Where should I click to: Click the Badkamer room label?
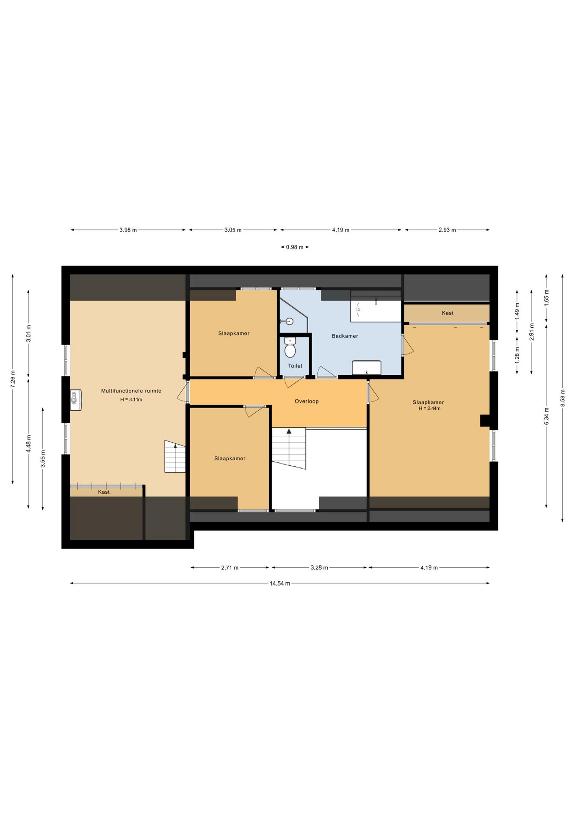coord(345,336)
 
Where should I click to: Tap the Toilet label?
coord(295,366)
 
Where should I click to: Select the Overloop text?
coord(307,401)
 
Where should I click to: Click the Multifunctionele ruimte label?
coord(131,391)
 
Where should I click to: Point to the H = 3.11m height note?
coord(131,399)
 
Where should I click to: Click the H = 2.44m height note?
coord(429,409)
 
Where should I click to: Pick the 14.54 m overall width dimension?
coord(280,583)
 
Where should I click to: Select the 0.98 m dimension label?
coord(295,247)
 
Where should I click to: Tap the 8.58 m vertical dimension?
coord(563,398)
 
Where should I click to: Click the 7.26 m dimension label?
coord(13,379)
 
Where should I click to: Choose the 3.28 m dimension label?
coord(319,567)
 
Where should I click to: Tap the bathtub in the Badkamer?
coord(376,311)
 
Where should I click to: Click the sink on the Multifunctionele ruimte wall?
coord(76,400)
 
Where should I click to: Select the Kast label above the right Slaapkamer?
coord(448,313)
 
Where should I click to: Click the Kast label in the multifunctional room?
coord(104,492)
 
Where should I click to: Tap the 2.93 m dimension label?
coord(447,230)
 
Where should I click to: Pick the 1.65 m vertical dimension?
coord(547,298)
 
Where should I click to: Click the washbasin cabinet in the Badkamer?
coord(367,368)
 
